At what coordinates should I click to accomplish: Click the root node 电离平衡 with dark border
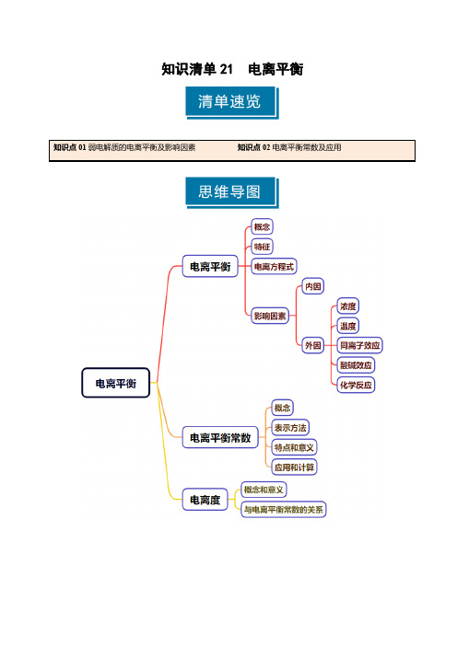tap(115, 383)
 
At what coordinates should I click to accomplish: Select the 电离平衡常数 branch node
tap(220, 437)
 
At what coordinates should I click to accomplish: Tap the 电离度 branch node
tap(205, 500)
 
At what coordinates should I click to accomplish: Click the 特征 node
tap(263, 247)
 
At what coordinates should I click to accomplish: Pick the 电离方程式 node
tap(275, 267)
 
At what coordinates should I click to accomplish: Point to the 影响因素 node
tap(270, 316)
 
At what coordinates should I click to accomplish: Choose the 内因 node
tap(313, 286)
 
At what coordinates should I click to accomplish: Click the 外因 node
tap(313, 345)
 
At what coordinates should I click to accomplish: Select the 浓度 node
tap(347, 306)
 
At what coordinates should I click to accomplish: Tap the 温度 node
tap(347, 326)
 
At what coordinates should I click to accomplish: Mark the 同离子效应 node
tap(359, 345)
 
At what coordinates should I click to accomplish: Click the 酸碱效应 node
tap(356, 365)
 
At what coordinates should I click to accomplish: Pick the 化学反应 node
tap(356, 385)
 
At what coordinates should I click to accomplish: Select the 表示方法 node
tap(290, 428)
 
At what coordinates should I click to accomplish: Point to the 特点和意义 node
tap(294, 447)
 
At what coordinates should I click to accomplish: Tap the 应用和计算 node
tap(294, 467)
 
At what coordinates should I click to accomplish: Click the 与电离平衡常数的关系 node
tap(284, 510)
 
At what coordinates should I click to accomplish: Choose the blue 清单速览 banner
tap(231, 102)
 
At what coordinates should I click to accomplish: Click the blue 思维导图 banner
tap(231, 192)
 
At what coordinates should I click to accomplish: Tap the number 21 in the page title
tap(226, 69)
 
